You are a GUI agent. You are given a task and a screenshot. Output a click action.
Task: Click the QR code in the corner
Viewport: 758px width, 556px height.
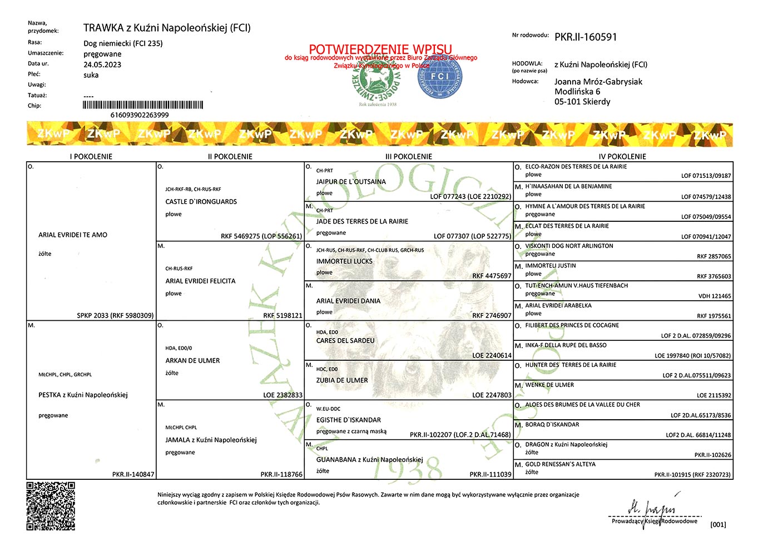point(51,506)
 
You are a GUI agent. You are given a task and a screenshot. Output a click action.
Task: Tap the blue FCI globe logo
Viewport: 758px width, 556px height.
point(439,77)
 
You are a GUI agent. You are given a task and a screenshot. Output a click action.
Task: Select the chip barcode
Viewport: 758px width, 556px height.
point(143,105)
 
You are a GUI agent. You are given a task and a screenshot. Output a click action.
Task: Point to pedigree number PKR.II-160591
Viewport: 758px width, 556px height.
point(586,37)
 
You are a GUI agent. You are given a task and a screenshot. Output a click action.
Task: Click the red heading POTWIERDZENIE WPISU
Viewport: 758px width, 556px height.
point(380,49)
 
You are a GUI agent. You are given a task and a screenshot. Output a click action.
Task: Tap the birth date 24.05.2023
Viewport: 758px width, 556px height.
point(102,64)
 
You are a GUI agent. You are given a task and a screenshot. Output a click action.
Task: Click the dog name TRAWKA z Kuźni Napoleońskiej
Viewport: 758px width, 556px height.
point(167,28)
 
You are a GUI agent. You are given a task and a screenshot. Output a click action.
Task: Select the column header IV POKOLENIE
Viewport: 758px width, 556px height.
point(622,156)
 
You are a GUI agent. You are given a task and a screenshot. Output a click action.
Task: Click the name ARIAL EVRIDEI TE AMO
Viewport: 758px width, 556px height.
point(73,235)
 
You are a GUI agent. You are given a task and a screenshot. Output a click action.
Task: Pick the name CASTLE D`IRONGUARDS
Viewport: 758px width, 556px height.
point(201,202)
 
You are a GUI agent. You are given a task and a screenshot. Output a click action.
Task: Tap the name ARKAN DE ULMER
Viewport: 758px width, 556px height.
point(192,360)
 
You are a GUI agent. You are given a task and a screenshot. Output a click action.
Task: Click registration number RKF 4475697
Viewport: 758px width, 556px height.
point(492,276)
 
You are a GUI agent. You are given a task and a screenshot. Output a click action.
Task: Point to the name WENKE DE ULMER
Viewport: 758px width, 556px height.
point(549,385)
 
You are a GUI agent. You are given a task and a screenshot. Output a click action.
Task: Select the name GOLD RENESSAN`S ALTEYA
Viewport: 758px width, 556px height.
point(560,464)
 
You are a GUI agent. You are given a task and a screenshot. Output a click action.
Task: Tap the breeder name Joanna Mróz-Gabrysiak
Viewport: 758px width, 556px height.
point(598,82)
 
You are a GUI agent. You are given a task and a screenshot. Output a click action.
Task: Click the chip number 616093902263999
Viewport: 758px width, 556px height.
point(140,115)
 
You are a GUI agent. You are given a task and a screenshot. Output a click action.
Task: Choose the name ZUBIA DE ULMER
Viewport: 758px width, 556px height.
point(342,380)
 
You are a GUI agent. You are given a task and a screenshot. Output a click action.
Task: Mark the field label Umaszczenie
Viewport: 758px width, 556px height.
point(46,53)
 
